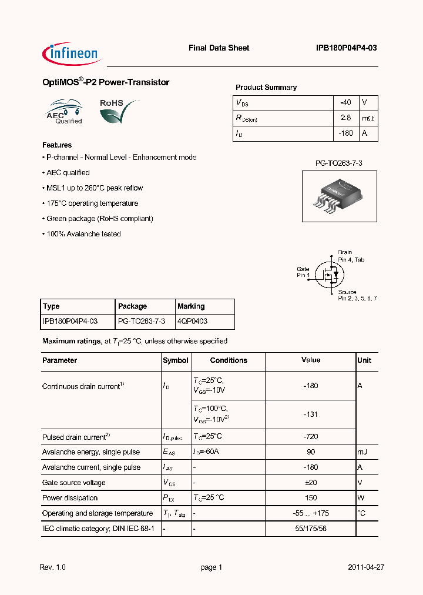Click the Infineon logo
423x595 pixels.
[72, 53]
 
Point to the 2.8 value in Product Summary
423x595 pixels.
[346, 118]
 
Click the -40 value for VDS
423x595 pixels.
[346, 102]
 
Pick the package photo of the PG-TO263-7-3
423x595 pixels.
[340, 196]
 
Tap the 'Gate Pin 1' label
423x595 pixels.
[303, 272]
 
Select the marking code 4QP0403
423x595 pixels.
[192, 322]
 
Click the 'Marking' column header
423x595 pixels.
[191, 306]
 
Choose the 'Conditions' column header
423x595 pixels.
[229, 360]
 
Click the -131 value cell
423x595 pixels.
[311, 414]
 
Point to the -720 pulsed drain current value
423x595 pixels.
[311, 437]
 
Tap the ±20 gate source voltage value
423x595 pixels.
[311, 483]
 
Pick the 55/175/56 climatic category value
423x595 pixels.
[311, 529]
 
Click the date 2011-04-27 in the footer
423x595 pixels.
[366, 567]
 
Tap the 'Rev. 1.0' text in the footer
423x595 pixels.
[52, 567]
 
